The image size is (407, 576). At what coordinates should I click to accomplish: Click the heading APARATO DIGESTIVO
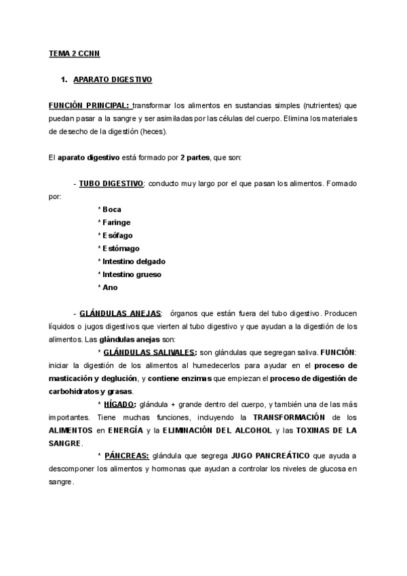click(112, 80)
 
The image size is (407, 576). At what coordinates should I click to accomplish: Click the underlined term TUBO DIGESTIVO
click(111, 184)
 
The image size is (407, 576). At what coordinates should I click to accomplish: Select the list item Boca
click(111, 209)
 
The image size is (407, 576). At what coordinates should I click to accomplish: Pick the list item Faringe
click(115, 222)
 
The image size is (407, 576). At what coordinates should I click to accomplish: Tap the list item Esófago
click(117, 235)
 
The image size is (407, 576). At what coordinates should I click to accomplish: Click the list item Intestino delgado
click(133, 262)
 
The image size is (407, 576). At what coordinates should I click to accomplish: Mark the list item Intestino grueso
click(131, 274)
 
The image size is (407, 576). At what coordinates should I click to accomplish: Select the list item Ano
click(110, 287)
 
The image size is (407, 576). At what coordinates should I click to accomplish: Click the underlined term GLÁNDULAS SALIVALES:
click(149, 353)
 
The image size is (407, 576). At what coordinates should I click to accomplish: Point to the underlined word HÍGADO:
click(120, 405)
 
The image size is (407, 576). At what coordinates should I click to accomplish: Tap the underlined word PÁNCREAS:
click(126, 456)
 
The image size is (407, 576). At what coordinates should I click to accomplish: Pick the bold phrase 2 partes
click(197, 158)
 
